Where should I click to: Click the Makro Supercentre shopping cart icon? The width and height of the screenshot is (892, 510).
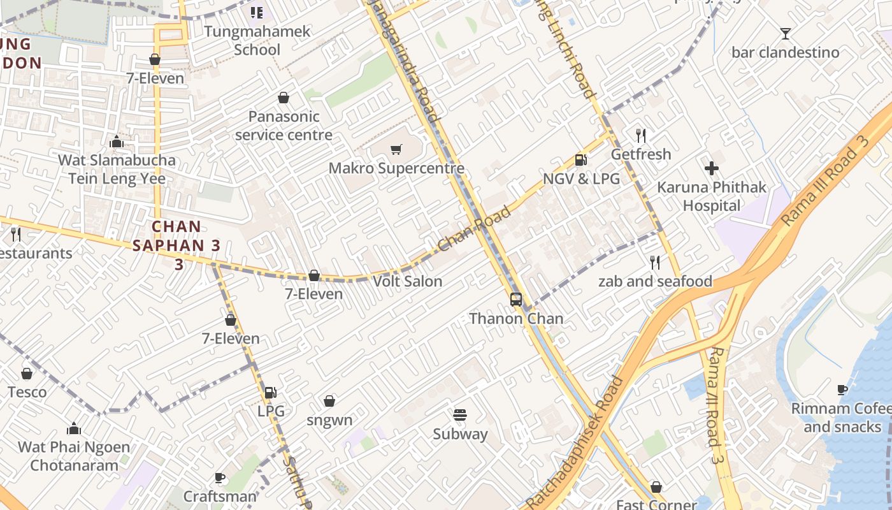point(396,150)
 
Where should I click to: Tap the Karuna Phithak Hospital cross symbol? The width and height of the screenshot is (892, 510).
point(712,168)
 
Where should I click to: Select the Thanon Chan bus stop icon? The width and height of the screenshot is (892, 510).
point(516,299)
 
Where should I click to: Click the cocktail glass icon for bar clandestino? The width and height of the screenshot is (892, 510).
point(785,33)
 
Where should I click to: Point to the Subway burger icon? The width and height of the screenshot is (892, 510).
point(460,415)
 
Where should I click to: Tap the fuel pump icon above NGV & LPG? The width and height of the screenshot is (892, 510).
point(580,160)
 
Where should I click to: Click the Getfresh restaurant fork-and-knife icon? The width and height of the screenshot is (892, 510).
point(641,135)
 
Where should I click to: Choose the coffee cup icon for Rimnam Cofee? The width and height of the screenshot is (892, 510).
point(842,390)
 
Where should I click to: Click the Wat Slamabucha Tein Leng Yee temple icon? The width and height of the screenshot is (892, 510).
point(117,142)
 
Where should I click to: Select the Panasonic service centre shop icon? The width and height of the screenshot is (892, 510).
point(284,98)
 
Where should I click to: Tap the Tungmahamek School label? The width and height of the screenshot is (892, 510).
point(257,40)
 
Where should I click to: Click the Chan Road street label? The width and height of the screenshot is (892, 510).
point(475,228)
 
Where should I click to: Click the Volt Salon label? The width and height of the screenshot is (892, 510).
point(407,281)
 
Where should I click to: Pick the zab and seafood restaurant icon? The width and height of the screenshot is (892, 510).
point(654,262)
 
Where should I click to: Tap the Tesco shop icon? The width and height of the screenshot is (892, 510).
point(27,374)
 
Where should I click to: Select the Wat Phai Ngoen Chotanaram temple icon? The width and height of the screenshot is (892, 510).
point(74,428)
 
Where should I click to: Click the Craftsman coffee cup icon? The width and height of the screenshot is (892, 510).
point(220,477)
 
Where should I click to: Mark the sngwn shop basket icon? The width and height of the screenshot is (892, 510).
point(329,401)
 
